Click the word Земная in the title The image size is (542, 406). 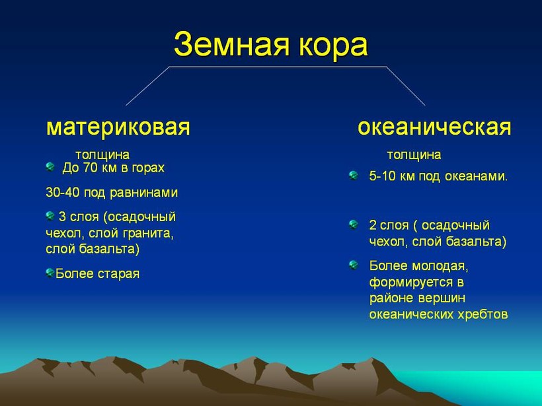coord(231,44)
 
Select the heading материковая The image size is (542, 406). coord(118,127)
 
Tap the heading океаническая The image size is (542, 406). coord(434,127)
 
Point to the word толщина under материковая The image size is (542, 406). coord(102,155)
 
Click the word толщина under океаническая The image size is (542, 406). coord(414,155)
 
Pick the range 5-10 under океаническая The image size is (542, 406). coord(382,176)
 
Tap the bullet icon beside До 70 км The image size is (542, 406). coord(50,167)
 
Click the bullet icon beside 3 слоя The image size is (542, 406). coord(50,216)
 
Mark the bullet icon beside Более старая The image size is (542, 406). coord(50,273)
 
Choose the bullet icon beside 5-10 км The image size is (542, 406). coord(353,176)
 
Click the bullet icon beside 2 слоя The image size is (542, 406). coord(353,224)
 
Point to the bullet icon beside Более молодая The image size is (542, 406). coord(353,265)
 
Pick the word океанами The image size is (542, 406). coord(476,176)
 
